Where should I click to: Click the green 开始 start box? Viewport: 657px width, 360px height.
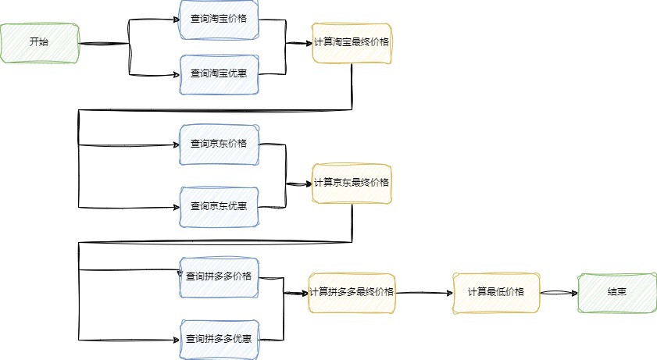point(40,43)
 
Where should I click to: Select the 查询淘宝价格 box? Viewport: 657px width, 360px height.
point(220,20)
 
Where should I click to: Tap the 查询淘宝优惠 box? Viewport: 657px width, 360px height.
point(220,74)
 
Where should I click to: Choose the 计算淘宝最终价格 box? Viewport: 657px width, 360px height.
point(352,44)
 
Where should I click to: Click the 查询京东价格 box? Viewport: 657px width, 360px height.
point(220,144)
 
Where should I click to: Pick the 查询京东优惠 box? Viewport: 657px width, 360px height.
point(220,207)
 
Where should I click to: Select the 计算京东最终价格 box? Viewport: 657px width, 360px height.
point(352,184)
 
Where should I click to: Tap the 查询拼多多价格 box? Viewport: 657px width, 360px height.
point(220,277)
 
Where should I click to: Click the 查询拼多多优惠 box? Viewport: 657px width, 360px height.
point(220,340)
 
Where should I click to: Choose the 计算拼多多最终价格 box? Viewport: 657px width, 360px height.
point(352,293)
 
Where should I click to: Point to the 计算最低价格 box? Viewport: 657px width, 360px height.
point(496,293)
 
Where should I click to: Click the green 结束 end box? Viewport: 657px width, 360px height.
point(617,293)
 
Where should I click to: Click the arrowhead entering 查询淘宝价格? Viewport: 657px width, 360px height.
point(177,20)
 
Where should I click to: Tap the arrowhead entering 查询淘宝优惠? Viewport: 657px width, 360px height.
point(177,75)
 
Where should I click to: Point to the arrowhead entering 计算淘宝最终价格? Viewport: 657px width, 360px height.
point(309,43)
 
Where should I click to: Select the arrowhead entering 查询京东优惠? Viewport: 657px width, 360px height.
point(177,207)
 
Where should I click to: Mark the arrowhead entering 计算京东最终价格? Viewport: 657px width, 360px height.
point(309,184)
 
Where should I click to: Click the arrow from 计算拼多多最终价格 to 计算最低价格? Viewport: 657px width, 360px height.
point(424,293)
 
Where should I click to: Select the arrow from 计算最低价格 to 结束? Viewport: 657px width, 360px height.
point(559,293)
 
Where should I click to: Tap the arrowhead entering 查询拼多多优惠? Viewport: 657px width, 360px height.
point(177,340)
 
